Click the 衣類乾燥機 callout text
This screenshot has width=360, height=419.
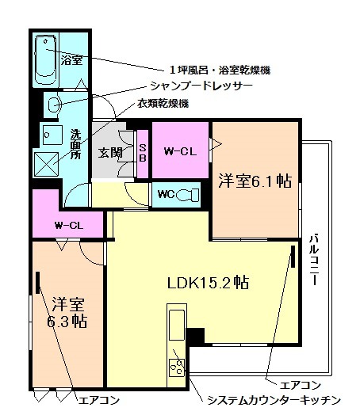163,104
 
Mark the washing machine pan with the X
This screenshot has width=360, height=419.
47,165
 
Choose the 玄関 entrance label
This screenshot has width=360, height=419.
109,153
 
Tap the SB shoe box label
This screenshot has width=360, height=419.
143,152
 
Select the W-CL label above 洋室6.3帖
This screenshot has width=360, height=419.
69,225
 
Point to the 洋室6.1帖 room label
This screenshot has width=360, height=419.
254,181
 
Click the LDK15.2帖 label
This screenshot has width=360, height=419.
209,282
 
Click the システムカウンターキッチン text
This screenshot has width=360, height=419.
273,398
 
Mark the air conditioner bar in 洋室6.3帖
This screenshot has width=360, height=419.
37,286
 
